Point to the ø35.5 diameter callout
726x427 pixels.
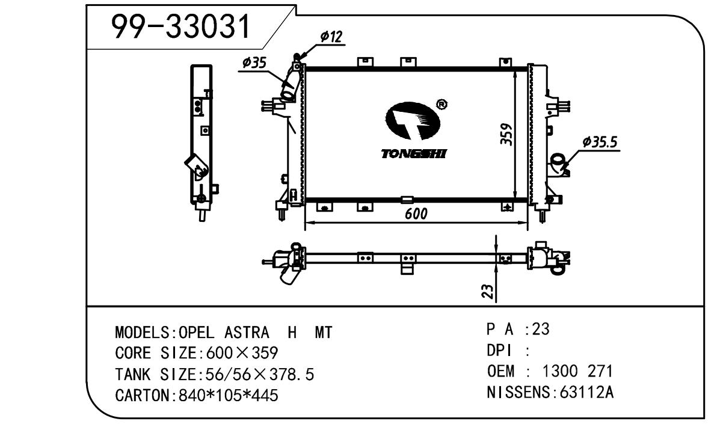601,142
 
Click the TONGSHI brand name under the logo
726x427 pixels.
414,154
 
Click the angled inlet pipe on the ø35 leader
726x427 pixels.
290,86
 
